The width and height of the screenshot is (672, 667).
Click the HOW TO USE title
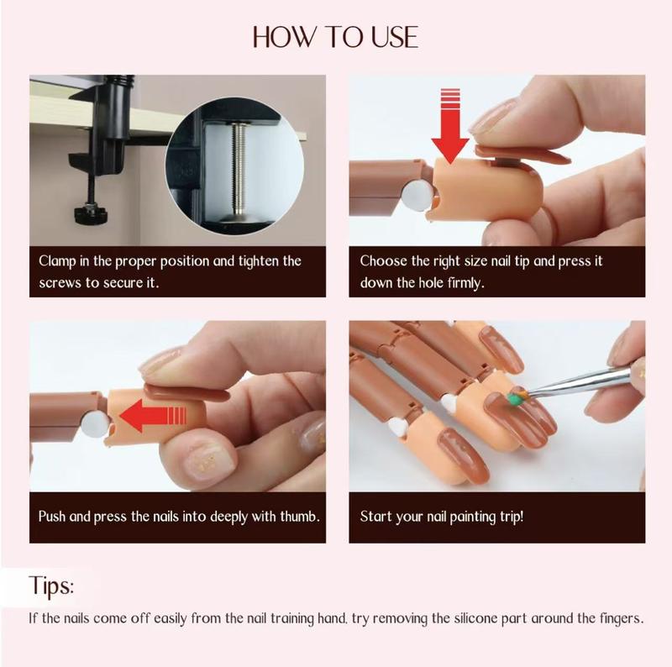click(x=335, y=38)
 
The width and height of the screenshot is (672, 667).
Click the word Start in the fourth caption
click(x=375, y=516)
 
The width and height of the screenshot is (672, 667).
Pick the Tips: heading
click(x=52, y=585)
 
